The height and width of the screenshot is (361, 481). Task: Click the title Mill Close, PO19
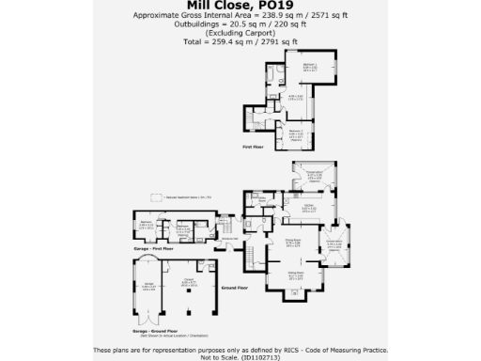(x=240, y=5)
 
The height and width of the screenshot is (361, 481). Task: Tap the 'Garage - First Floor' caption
(x=155, y=249)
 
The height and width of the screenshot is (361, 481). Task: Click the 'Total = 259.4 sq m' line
(x=240, y=42)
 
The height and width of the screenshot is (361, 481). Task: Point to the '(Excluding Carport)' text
(x=240, y=34)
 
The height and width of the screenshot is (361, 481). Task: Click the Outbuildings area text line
(x=240, y=25)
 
